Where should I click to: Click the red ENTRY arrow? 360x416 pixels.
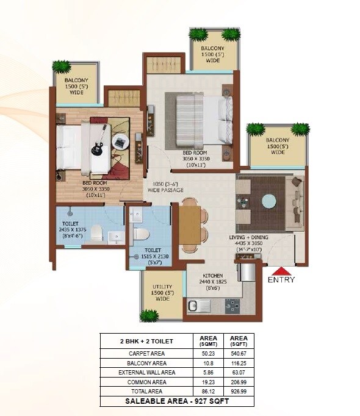point(281,271)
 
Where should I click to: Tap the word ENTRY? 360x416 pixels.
point(281,280)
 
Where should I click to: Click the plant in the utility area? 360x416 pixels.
point(149,315)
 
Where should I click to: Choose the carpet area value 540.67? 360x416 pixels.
point(239,353)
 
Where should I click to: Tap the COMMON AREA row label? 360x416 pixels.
point(146,381)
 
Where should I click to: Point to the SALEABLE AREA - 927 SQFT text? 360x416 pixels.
point(177,401)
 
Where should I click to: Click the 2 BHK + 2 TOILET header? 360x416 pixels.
point(146,341)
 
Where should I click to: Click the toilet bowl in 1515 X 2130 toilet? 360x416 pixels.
point(140,234)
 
